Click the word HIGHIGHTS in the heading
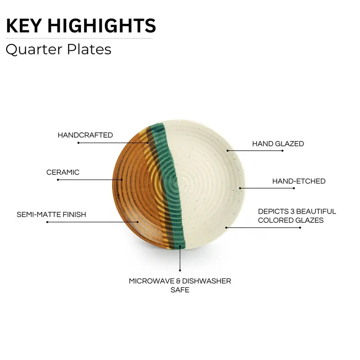point(102,26)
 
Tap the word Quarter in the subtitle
point(34,49)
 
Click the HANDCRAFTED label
point(85,135)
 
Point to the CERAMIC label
point(63,172)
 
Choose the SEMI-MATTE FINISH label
point(51,215)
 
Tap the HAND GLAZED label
point(278,144)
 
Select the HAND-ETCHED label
point(299,181)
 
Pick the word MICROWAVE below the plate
point(152,281)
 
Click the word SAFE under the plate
point(180,290)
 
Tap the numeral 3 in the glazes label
point(292,211)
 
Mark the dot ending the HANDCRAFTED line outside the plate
point(78,143)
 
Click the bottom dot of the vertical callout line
point(180,270)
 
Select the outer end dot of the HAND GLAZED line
point(283,151)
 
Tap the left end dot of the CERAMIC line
point(58,180)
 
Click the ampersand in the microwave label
point(178,281)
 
